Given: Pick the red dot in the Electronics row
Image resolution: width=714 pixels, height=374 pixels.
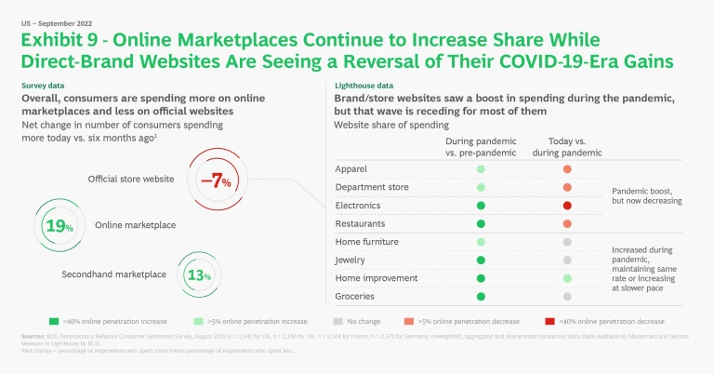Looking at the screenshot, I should pyautogui.click(x=566, y=205).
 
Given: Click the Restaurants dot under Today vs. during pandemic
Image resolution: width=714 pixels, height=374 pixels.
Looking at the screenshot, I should pyautogui.click(x=566, y=223).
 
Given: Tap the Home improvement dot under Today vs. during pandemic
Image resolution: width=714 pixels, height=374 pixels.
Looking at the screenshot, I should pyautogui.click(x=566, y=278).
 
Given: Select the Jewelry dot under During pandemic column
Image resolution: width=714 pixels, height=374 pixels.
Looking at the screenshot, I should pyautogui.click(x=482, y=260).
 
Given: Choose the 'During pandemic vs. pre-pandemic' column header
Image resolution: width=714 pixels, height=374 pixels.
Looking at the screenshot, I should pyautogui.click(x=482, y=146).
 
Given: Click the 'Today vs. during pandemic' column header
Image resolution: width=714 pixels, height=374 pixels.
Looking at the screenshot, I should pyautogui.click(x=566, y=146).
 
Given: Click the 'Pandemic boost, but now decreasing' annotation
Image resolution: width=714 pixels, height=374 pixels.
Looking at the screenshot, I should pyautogui.click(x=647, y=196).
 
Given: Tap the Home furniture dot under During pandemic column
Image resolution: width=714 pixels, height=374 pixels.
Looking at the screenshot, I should pyautogui.click(x=482, y=242).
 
